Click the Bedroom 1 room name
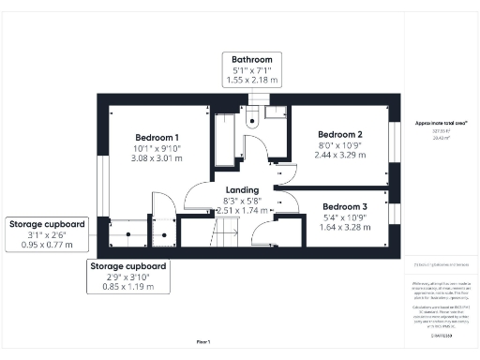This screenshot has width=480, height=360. point(157,138)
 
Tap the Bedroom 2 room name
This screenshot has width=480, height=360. point(339,134)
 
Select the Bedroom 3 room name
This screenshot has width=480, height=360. point(345,206)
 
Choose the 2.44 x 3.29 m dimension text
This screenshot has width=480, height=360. point(339,156)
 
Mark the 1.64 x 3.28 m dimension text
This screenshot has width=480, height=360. point(345,227)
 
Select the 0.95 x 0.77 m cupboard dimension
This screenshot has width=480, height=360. point(47,246)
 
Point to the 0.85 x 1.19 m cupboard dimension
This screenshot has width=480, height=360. point(128,288)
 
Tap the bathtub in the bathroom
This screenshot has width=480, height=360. point(227,141)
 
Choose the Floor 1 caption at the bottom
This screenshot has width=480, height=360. point(203,342)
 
